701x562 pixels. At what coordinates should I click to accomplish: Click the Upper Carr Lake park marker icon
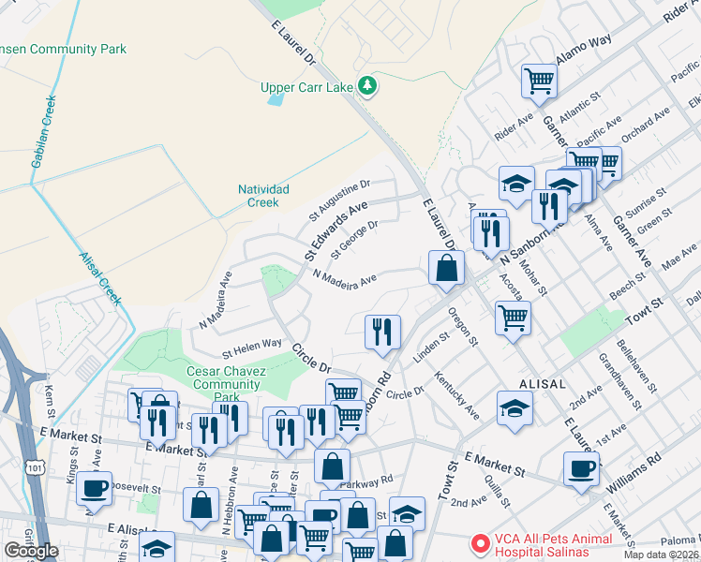pos(368,86)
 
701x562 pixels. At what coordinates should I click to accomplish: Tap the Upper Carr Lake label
pos(306,88)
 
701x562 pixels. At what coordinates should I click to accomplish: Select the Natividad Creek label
pos(263,196)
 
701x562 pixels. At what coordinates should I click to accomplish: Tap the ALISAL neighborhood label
pos(543,384)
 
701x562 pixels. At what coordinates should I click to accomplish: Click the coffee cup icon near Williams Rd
pos(581,468)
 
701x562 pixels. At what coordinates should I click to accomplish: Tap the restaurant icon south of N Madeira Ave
pos(382,332)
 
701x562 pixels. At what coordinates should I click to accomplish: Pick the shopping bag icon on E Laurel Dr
pos(447,268)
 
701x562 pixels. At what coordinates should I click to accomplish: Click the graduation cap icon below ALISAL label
pos(515,408)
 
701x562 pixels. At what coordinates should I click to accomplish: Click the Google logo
pos(31,551)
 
